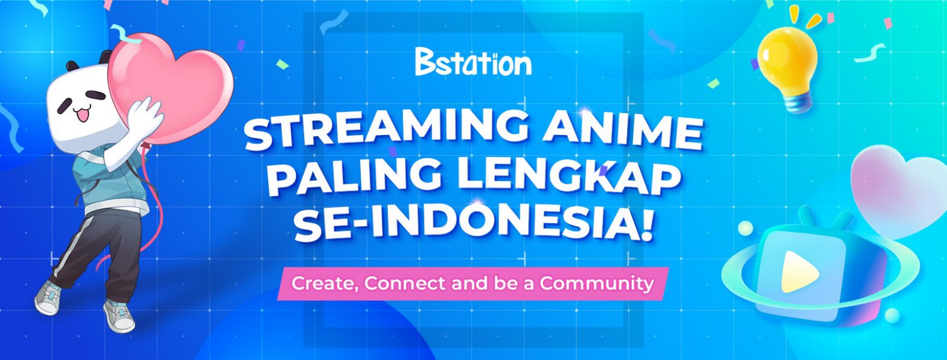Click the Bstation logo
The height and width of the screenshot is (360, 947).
(x=473, y=62)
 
